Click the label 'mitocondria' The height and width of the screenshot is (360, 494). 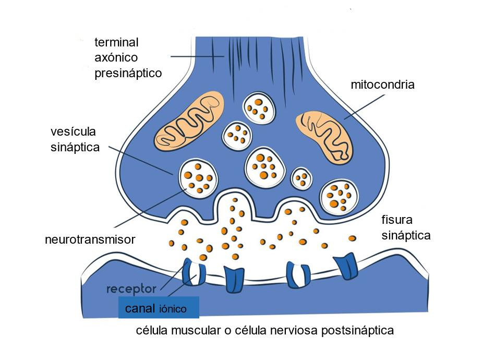click(x=382, y=85)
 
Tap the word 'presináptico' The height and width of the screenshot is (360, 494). click(x=128, y=73)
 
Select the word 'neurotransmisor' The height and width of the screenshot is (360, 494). click(x=90, y=240)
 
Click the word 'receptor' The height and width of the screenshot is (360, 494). click(x=131, y=289)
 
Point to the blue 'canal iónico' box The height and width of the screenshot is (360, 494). click(x=159, y=307)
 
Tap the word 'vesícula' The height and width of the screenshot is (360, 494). click(x=74, y=130)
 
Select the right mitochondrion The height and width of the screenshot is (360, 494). click(x=324, y=135)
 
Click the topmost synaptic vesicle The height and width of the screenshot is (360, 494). click(x=259, y=108)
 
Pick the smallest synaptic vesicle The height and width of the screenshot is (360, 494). click(x=302, y=178)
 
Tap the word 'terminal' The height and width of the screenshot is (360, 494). click(x=116, y=42)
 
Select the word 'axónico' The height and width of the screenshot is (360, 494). click(x=116, y=57)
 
